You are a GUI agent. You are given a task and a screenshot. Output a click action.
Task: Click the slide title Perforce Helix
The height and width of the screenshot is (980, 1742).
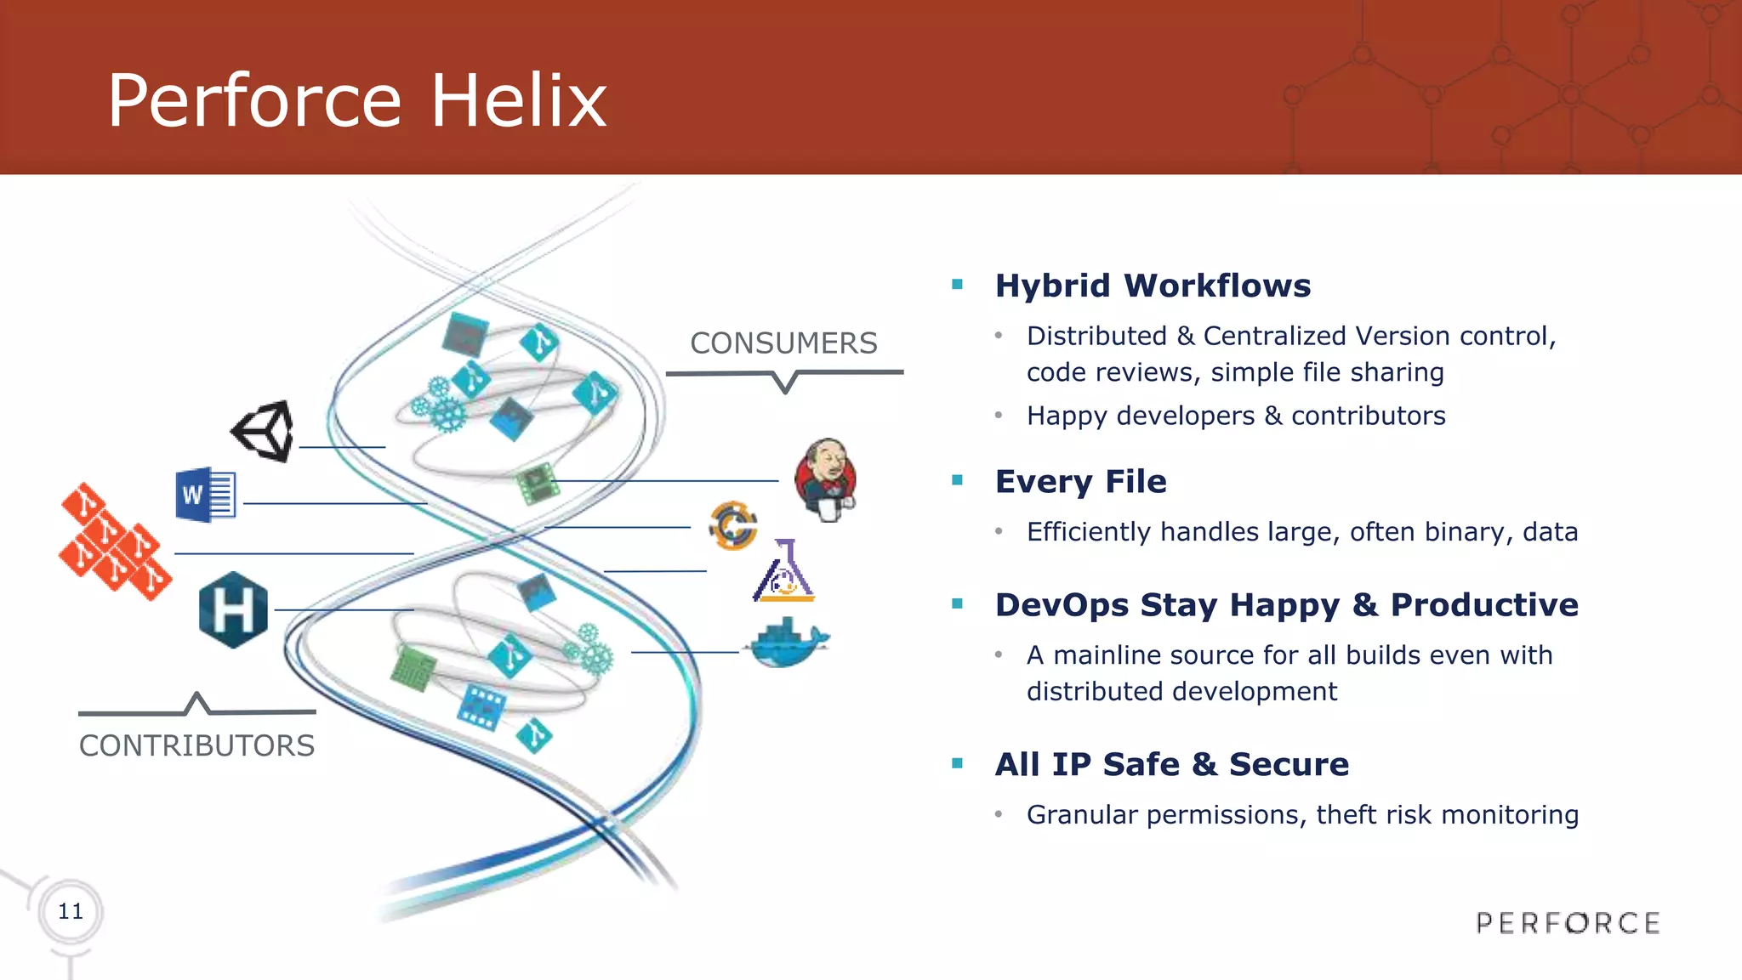point(356,100)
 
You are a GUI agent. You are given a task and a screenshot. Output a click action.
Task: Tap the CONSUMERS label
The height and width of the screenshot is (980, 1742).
point(783,343)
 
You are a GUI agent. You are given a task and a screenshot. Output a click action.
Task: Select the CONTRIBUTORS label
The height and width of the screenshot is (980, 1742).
point(196,745)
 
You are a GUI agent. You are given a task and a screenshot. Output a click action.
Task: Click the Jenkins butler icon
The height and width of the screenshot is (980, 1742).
point(825,479)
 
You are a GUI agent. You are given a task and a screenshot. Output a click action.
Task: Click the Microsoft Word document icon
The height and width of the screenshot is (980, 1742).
point(205,495)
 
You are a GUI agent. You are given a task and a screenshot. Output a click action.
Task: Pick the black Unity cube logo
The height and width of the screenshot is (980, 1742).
point(264,431)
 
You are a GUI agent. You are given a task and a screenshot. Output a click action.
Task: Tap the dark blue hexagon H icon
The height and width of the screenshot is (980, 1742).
point(233,609)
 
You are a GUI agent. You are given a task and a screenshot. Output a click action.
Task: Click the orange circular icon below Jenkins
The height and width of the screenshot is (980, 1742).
point(732,525)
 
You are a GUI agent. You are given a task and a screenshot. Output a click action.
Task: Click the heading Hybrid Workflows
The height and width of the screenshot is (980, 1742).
point(1153,286)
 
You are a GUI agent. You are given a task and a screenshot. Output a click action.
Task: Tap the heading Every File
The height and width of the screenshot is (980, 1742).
point(1080,481)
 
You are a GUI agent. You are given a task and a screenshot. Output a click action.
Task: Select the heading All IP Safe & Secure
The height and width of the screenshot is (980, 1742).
point(1171,764)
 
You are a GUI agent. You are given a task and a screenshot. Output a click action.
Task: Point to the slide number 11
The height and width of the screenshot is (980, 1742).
point(71,911)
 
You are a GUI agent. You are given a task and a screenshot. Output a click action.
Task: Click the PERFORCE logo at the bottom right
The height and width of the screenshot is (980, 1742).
point(1568,923)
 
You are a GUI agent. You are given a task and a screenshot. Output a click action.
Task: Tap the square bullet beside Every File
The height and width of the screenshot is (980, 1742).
point(958,480)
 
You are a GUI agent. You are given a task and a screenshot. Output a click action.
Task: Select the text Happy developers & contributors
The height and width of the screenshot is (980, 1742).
point(1235,416)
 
